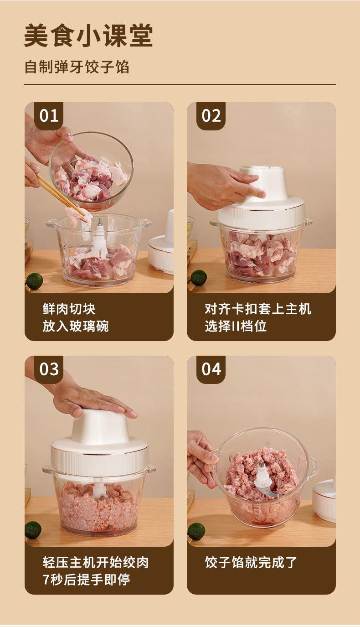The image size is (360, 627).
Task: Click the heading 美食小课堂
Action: pyautogui.click(x=88, y=36)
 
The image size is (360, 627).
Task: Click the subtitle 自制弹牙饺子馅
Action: pyautogui.click(x=77, y=67)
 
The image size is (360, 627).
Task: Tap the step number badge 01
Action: pyautogui.click(x=49, y=115)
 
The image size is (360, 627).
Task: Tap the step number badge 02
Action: pyautogui.click(x=211, y=115)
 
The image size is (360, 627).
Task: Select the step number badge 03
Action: pyautogui.click(x=49, y=369)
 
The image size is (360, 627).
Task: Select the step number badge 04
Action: pyautogui.click(x=211, y=369)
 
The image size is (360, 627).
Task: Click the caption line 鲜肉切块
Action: pyautogui.click(x=69, y=309)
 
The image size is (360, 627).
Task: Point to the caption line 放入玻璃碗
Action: pyautogui.click(x=76, y=326)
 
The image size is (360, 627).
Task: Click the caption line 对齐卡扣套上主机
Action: pyautogui.click(x=257, y=309)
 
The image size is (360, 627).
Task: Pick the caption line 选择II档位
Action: pyautogui.click(x=236, y=326)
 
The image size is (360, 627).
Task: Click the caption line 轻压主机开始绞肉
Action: pyautogui.click(x=95, y=562)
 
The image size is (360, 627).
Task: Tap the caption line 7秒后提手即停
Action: pyautogui.click(x=86, y=580)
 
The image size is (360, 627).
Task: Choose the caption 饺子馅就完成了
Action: pyautogui.click(x=251, y=562)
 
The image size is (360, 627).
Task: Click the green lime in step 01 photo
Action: pyautogui.click(x=35, y=281)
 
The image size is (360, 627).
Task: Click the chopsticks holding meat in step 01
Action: pyautogui.click(x=60, y=195)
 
